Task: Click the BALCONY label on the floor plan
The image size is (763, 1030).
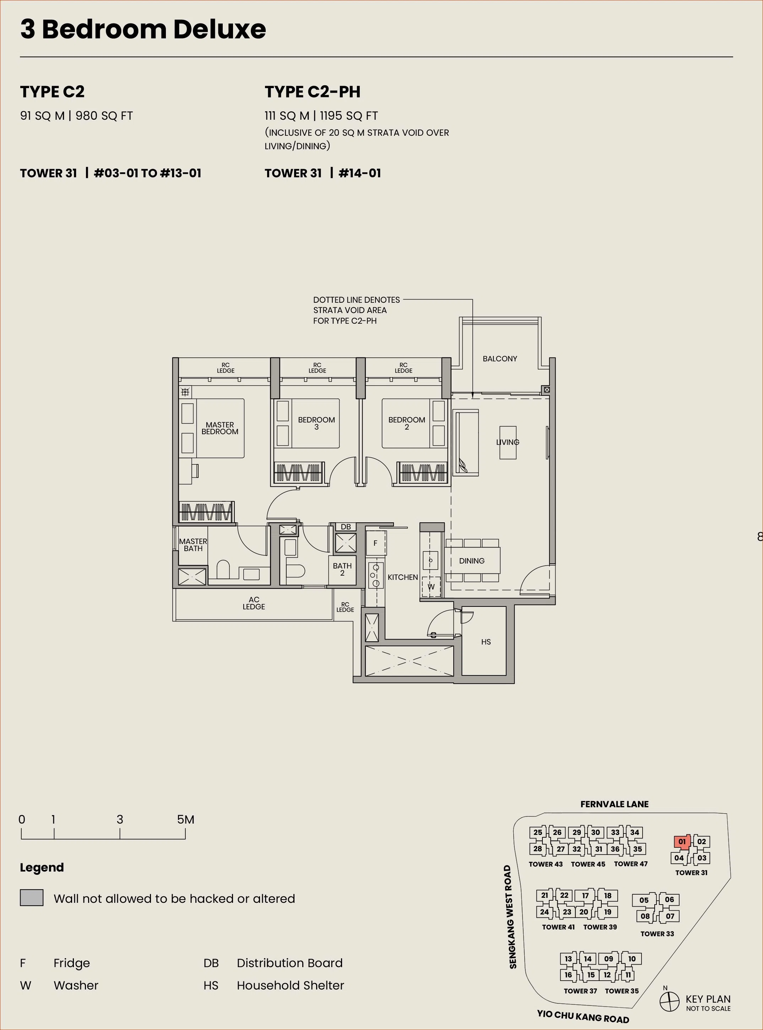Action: tap(500, 358)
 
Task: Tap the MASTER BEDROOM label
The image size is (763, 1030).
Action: tap(220, 428)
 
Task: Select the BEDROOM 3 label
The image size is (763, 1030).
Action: tap(316, 423)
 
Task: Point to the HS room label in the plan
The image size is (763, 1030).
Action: tap(486, 642)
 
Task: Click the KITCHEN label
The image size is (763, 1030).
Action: tap(403, 577)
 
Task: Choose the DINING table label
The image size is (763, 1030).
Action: tap(472, 561)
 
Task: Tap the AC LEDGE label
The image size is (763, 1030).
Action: tap(254, 603)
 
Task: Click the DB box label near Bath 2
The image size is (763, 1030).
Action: tap(346, 527)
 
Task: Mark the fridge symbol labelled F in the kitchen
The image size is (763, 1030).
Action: tap(376, 543)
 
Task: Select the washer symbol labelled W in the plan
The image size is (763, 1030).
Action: tap(431, 587)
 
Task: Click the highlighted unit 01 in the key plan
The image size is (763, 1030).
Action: tap(682, 842)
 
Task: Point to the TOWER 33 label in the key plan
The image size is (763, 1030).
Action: tap(657, 933)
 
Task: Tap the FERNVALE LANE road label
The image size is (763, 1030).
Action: tap(614, 804)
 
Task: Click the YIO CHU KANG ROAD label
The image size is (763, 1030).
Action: tap(583, 1016)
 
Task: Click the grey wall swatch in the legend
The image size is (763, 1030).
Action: tap(31, 897)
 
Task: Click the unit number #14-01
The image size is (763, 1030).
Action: tap(360, 173)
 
